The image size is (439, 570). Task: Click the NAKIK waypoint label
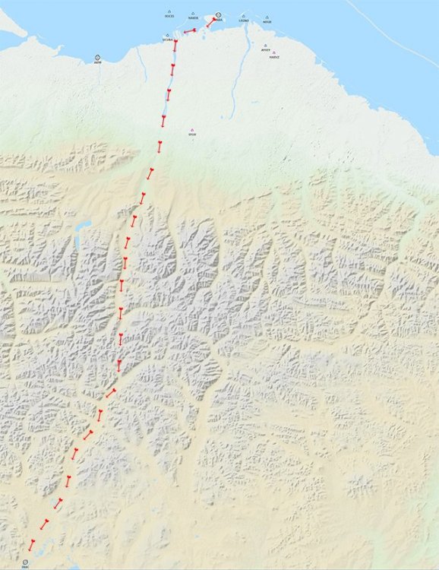[193, 17]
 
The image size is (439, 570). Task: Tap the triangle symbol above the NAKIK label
[193, 13]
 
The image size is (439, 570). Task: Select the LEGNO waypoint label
[243, 21]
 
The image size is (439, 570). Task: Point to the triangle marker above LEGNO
[243, 15]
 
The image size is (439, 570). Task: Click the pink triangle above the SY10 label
[192, 129]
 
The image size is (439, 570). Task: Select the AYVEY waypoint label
[265, 49]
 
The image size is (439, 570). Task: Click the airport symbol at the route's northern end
[218, 15]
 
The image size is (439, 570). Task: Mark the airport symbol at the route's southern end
[26, 562]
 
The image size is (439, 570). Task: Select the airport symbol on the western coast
[98, 58]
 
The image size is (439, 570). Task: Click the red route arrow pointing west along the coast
[190, 31]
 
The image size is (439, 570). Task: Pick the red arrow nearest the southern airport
[31, 545]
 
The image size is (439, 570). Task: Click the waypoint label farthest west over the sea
[169, 16]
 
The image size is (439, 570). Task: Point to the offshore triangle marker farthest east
[267, 17]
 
